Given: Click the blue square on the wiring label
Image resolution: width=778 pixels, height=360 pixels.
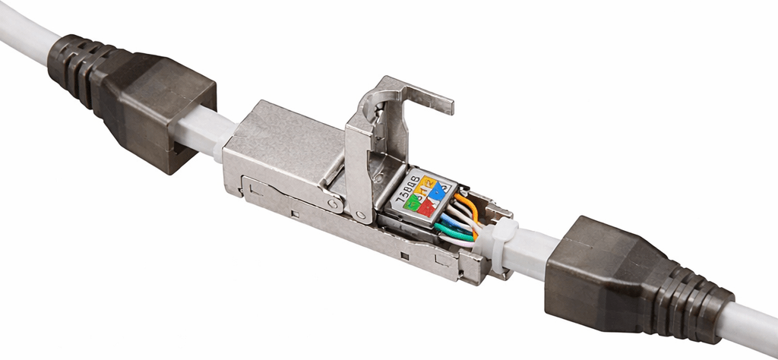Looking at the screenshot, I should click(x=438, y=191).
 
